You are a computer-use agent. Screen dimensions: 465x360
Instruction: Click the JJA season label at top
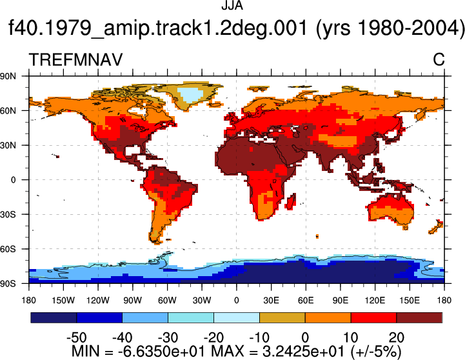click(232, 5)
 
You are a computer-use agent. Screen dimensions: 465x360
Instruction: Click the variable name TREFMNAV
click(75, 59)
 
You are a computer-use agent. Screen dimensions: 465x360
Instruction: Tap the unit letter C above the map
click(439, 59)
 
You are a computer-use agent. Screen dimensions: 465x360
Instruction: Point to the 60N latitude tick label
click(8, 111)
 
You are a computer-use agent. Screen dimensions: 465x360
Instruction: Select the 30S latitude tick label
click(8, 214)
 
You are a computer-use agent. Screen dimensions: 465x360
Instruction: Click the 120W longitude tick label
click(98, 301)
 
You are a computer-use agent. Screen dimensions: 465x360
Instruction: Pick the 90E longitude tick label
click(340, 301)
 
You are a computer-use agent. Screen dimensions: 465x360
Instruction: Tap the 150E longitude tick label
click(410, 301)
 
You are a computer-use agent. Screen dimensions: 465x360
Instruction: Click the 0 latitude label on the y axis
click(13, 180)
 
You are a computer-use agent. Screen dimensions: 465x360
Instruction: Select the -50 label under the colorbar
click(77, 337)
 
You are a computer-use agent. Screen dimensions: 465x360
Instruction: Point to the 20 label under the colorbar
click(397, 337)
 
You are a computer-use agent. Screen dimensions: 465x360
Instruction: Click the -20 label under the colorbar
click(213, 337)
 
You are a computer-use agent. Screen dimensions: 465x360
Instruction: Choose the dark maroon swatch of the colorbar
click(419, 317)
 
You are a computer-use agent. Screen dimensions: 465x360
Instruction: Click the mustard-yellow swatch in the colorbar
click(282, 317)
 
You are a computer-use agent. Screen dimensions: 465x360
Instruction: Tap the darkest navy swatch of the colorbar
click(54, 317)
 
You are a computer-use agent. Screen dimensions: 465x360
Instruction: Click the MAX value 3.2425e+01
click(303, 352)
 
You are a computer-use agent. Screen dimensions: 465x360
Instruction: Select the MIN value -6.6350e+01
click(161, 352)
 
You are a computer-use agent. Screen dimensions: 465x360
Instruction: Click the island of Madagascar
click(291, 202)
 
